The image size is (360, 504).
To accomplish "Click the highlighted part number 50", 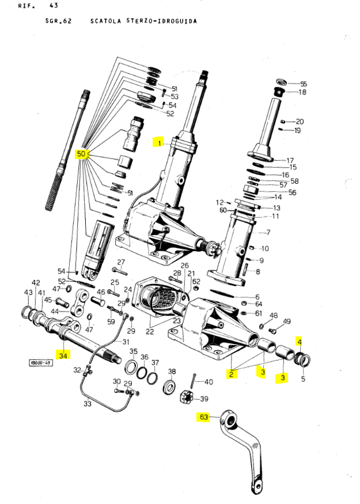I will [81, 154].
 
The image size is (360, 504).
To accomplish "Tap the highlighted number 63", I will [203, 417].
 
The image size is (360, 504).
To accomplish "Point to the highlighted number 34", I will [63, 355].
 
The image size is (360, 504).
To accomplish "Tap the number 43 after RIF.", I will [54, 5].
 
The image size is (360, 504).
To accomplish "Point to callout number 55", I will [304, 84].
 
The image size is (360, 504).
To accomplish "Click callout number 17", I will [290, 160].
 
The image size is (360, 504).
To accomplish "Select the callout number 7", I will [267, 233].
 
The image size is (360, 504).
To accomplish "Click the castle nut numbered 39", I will [191, 397].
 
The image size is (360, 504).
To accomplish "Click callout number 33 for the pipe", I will [87, 404].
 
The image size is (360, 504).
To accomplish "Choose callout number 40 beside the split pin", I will [209, 381].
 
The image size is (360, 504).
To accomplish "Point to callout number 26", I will [185, 265].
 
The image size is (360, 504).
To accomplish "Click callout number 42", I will [36, 283].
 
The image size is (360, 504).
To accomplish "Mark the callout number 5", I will [304, 380].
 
